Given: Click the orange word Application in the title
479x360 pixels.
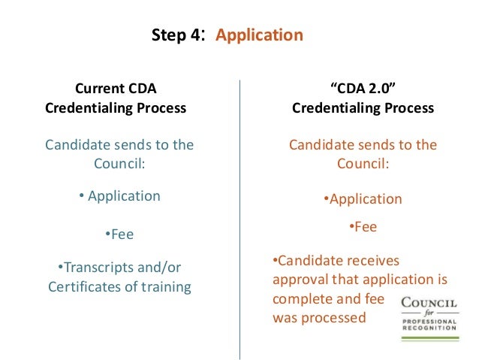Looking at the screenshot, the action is (x=259, y=35).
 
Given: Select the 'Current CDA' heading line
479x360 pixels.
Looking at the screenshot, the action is (x=116, y=88).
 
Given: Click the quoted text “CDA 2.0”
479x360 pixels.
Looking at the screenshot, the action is (x=363, y=88).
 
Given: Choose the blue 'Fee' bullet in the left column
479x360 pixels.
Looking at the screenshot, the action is (x=120, y=234).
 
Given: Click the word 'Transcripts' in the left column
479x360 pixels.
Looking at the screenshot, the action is (x=98, y=267).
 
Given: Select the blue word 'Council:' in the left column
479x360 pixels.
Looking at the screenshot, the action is (x=119, y=164).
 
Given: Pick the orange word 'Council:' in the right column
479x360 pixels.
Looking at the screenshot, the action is (x=363, y=164).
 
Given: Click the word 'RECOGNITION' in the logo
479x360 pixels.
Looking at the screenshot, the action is (x=429, y=328).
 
